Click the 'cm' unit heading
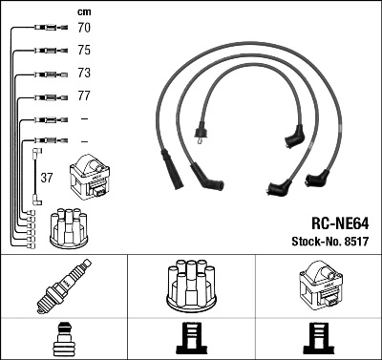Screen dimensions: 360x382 tap(83, 11)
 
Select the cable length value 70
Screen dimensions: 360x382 tap(83, 30)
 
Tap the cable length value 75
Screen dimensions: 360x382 tap(83, 52)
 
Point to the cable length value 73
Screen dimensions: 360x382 tap(83, 74)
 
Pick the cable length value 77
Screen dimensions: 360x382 tap(83, 96)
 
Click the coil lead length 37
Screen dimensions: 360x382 tap(46, 178)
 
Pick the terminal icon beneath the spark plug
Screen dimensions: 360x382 tap(63, 339)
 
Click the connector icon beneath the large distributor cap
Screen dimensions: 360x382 tap(191, 339)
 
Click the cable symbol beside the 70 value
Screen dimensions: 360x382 tap(43, 30)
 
